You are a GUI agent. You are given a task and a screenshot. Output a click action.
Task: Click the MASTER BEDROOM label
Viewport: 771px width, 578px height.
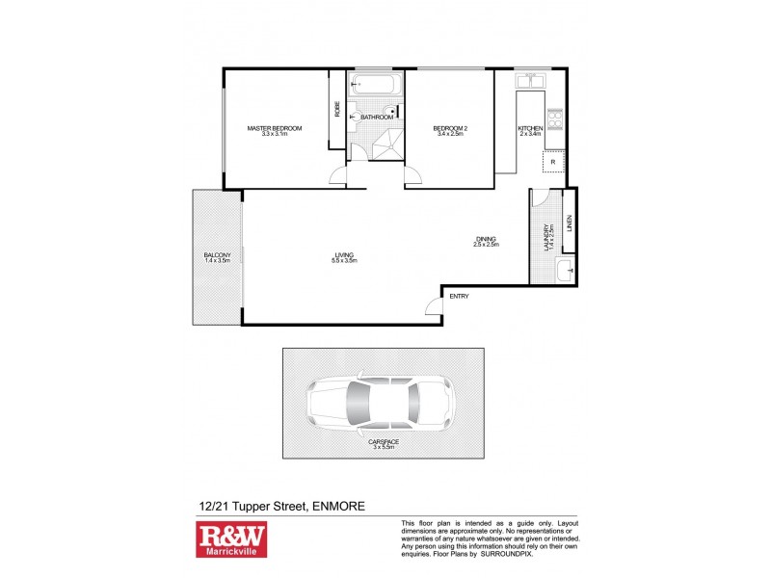coord(275,128)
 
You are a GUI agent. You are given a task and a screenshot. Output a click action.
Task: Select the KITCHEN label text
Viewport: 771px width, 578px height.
coord(530,128)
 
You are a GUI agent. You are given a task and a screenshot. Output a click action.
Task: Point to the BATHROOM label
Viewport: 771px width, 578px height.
coord(377,118)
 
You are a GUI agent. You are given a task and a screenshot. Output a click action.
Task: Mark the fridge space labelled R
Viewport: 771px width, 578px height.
coord(553,163)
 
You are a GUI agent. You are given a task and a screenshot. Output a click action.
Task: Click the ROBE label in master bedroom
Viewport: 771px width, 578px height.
coord(337,109)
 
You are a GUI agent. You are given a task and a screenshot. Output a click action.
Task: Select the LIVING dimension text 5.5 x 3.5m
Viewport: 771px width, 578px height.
coord(344,261)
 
